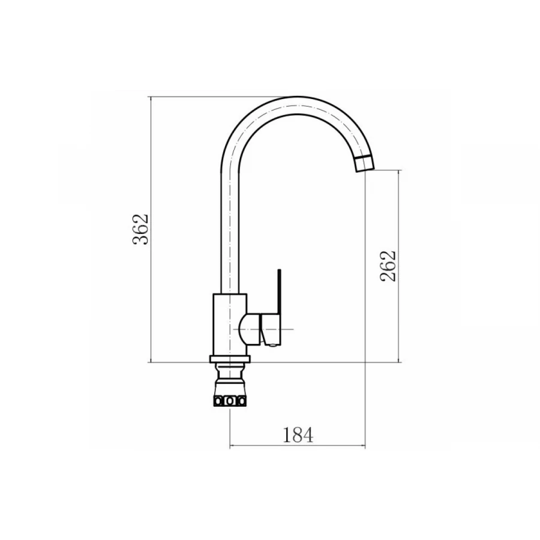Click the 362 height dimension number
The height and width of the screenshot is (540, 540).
[141, 229]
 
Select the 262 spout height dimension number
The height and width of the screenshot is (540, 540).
[388, 266]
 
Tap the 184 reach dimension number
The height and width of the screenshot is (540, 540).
[298, 434]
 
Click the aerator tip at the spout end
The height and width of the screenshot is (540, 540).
[364, 164]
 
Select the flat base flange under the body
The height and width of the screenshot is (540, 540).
[230, 359]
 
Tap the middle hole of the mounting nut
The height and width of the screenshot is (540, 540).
[230, 401]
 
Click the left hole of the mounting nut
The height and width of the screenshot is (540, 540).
[218, 401]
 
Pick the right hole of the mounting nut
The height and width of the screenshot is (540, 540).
[242, 401]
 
